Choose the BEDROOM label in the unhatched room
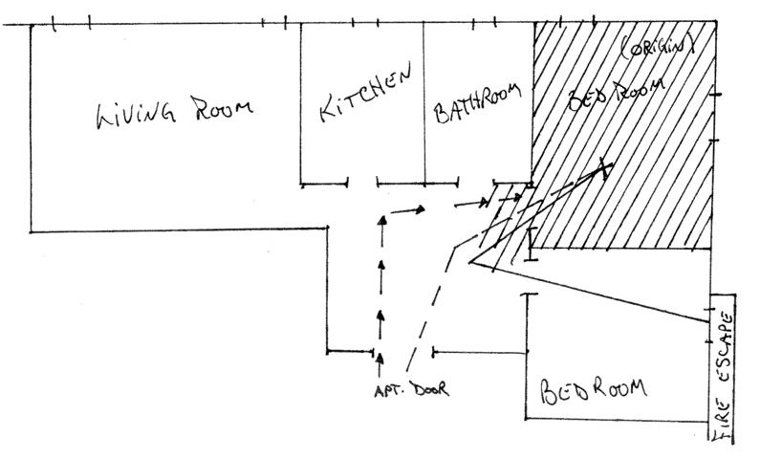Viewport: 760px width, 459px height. (x=594, y=390)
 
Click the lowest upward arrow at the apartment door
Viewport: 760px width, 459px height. (x=380, y=362)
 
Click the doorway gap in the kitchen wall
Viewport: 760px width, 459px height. (x=363, y=182)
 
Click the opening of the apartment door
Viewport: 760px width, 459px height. (x=403, y=353)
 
